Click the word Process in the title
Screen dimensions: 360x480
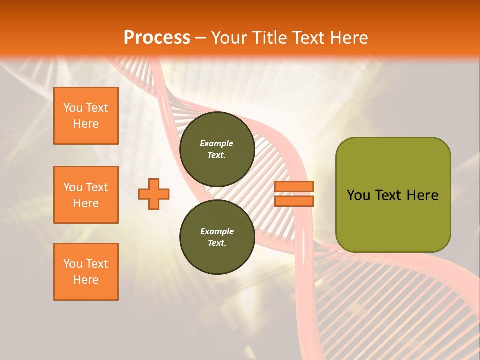pyautogui.click(x=157, y=37)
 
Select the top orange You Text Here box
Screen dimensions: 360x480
pyautogui.click(x=86, y=116)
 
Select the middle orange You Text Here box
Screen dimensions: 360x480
pyautogui.click(x=86, y=195)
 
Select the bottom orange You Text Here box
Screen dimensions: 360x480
pyautogui.click(x=86, y=272)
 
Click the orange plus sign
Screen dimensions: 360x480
pyautogui.click(x=154, y=194)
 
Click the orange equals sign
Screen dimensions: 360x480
pyautogui.click(x=294, y=194)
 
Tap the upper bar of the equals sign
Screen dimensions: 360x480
pyautogui.click(x=294, y=187)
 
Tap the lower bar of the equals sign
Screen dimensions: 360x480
pyautogui.click(x=294, y=201)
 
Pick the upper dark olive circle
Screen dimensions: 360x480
pyautogui.click(x=217, y=149)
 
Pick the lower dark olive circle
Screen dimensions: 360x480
pyautogui.click(x=217, y=237)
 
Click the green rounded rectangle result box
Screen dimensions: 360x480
pyautogui.click(x=393, y=195)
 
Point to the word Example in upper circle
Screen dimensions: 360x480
pyautogui.click(x=217, y=143)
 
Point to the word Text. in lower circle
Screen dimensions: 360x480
pyautogui.click(x=217, y=243)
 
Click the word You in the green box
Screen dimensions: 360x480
pyautogui.click(x=358, y=195)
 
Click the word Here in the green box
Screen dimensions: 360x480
pyautogui.click(x=422, y=195)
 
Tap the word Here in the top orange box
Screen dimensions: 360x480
pyautogui.click(x=86, y=124)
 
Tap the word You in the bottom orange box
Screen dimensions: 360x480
pyautogui.click(x=73, y=264)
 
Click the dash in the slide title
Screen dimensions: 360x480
pyautogui.click(x=201, y=38)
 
